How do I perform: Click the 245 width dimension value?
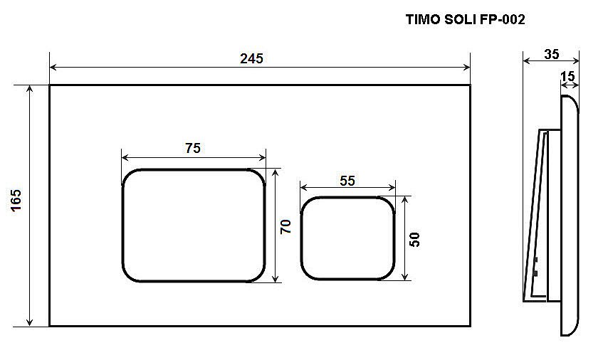point(251,58)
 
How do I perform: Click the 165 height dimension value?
point(16,204)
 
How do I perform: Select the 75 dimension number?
point(193,149)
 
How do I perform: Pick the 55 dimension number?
point(347,181)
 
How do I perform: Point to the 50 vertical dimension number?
point(415,239)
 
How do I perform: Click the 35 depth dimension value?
point(551,53)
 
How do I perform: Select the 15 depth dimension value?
point(567,75)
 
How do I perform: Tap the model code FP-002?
point(502,21)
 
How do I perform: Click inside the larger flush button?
point(194,226)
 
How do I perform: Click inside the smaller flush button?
point(347,238)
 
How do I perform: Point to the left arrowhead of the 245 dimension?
point(53,68)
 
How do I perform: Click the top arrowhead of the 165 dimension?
point(30,88)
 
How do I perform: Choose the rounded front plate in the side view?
point(570,213)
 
